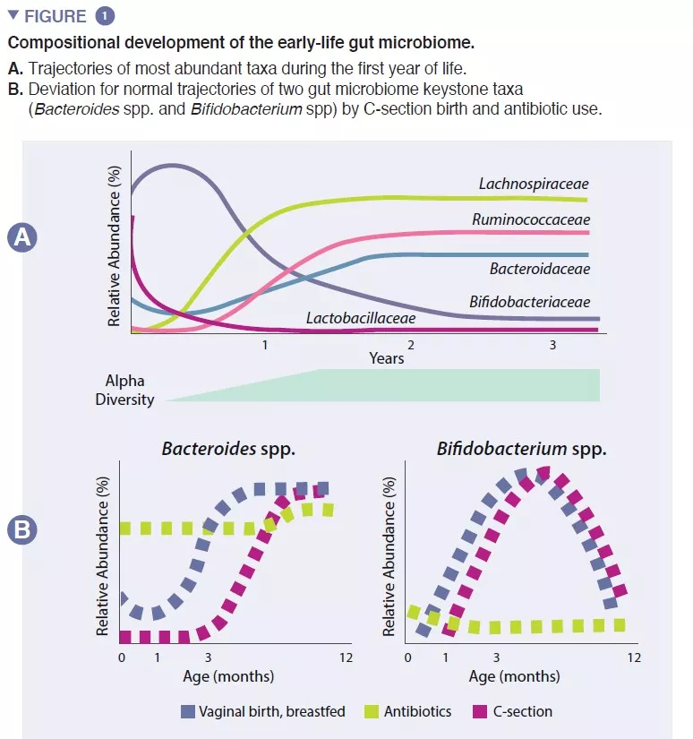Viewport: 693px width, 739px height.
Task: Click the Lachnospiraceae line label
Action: (534, 184)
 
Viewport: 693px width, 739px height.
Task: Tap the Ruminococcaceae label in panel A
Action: (531, 219)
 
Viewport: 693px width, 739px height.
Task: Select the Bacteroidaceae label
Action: (539, 268)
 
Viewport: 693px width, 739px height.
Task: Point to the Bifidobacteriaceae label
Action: (529, 302)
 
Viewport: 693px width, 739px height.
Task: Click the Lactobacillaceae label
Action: (361, 317)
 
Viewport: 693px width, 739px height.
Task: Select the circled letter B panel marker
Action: (21, 531)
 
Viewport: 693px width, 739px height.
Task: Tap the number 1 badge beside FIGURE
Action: (106, 16)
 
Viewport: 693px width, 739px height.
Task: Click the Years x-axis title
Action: (386, 358)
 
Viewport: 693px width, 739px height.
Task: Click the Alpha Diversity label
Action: (124, 391)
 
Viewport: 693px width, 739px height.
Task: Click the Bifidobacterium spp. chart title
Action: (521, 448)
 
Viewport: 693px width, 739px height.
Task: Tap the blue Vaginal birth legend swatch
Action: (188, 711)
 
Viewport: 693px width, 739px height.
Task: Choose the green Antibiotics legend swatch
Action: (372, 711)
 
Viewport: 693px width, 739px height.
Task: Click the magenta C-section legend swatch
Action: (481, 711)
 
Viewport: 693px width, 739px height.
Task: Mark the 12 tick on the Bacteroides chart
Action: (346, 657)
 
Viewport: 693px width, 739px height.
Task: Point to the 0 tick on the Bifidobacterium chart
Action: (407, 657)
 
